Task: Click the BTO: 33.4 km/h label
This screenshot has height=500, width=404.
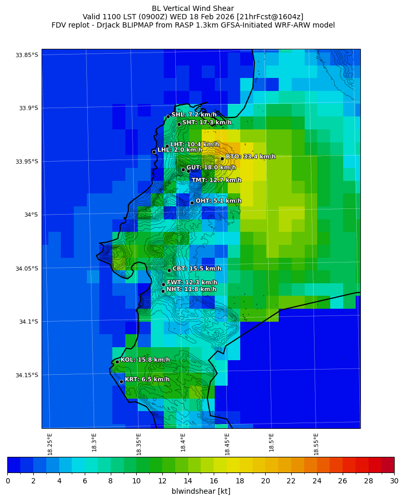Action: (x=250, y=156)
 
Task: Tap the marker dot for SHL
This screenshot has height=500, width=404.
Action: (x=168, y=116)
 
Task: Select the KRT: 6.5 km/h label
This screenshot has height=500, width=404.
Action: (x=147, y=379)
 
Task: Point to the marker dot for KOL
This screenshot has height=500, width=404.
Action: (x=118, y=362)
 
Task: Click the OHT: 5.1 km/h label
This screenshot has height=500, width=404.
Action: (x=218, y=201)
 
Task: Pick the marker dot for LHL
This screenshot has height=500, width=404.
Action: (x=154, y=152)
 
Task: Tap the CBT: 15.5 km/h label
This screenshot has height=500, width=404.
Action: (x=197, y=269)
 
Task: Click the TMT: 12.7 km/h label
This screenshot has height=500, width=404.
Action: (x=216, y=180)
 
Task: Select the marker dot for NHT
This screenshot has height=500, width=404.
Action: (x=163, y=291)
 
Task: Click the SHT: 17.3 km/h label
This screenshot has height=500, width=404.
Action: (x=206, y=122)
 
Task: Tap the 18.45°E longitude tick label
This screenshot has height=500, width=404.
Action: (x=227, y=444)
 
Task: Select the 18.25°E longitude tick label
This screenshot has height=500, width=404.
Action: (x=50, y=444)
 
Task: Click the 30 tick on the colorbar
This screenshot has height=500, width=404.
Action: (x=394, y=481)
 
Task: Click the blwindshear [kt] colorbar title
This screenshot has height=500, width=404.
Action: (x=201, y=491)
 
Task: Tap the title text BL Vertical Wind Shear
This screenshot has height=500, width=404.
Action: (x=193, y=8)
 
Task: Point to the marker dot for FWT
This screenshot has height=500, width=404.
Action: (x=163, y=284)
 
